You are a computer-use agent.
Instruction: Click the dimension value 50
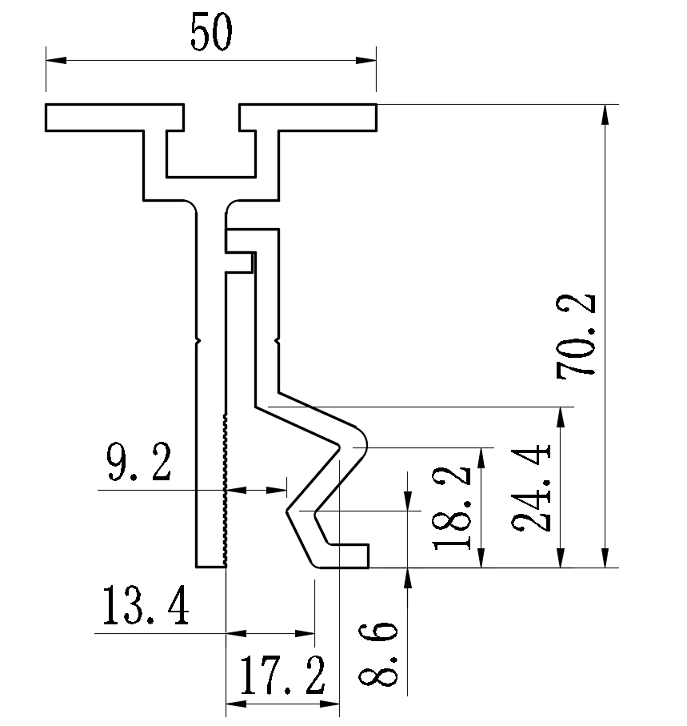[x=211, y=34]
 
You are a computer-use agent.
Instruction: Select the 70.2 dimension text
[x=577, y=335]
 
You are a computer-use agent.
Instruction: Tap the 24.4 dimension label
[x=534, y=487]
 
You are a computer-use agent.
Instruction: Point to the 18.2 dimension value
[x=453, y=509]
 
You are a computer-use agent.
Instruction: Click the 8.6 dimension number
[x=379, y=653]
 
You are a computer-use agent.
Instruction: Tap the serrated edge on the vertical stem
[x=226, y=488]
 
